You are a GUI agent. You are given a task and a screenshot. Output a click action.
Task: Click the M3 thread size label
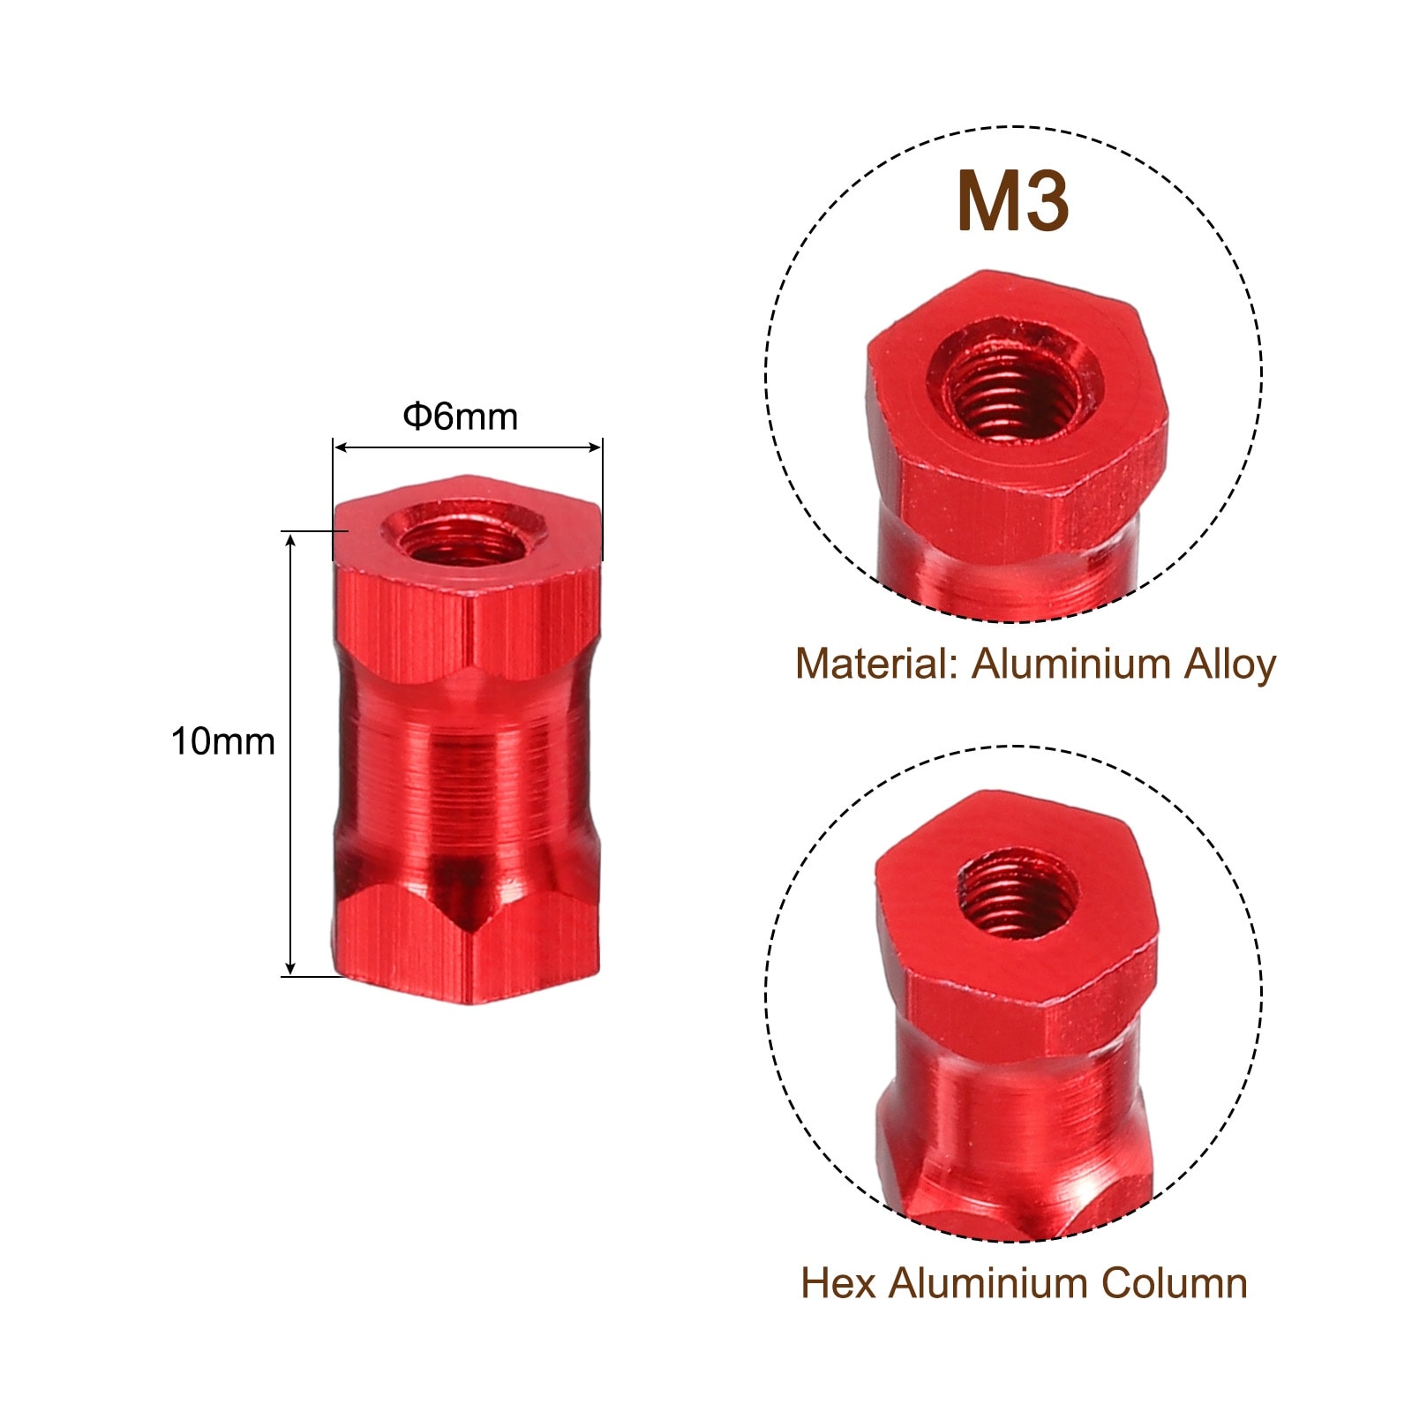coord(1013,202)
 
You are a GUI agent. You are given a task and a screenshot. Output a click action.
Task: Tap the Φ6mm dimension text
coord(461,417)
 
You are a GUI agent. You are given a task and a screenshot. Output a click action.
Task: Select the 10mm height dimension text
coord(223,741)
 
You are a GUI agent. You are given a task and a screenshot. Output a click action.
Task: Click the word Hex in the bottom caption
coord(838,1283)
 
